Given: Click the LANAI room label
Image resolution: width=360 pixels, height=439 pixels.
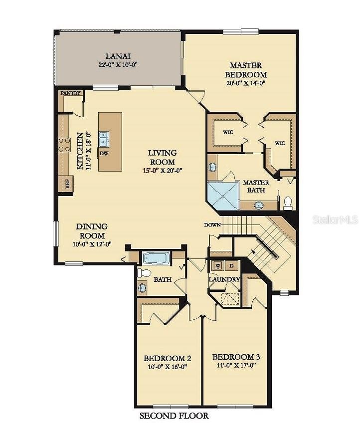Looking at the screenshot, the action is (118, 56).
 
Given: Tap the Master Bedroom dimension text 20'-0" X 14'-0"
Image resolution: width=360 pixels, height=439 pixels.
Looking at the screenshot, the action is (245, 83).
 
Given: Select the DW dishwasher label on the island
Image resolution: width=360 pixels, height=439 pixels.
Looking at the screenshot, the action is (104, 153).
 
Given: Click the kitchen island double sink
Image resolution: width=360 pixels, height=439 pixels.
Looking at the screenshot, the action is (104, 139).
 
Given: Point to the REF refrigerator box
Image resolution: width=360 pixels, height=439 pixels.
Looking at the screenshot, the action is (67, 184).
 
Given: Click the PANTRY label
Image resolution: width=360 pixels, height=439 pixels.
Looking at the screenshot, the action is (70, 93).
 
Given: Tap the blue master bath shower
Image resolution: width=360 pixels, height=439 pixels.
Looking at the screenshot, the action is (223, 196).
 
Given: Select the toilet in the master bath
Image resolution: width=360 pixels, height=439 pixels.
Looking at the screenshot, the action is (288, 203).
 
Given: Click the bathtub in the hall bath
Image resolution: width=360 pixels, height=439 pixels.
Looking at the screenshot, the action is (156, 258).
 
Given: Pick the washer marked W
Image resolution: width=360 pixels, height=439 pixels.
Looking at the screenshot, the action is (218, 265).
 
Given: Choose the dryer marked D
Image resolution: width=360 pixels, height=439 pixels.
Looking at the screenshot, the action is (231, 265).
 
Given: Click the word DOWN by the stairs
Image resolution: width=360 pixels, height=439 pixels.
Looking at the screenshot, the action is (212, 224).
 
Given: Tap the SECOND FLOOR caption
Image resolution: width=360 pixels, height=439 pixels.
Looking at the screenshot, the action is (174, 416).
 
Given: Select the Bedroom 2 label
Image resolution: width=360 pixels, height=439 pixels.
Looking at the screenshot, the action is (167, 358).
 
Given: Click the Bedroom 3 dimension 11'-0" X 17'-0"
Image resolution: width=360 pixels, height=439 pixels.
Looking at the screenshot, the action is (236, 365).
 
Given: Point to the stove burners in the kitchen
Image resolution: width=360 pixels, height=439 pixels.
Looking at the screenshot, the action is (64, 145).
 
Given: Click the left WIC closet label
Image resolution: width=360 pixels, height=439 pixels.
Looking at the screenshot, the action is (228, 132).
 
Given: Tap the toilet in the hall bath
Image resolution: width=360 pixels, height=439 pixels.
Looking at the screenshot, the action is (144, 273).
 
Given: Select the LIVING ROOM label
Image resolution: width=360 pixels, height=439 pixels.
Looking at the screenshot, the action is (163, 157).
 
